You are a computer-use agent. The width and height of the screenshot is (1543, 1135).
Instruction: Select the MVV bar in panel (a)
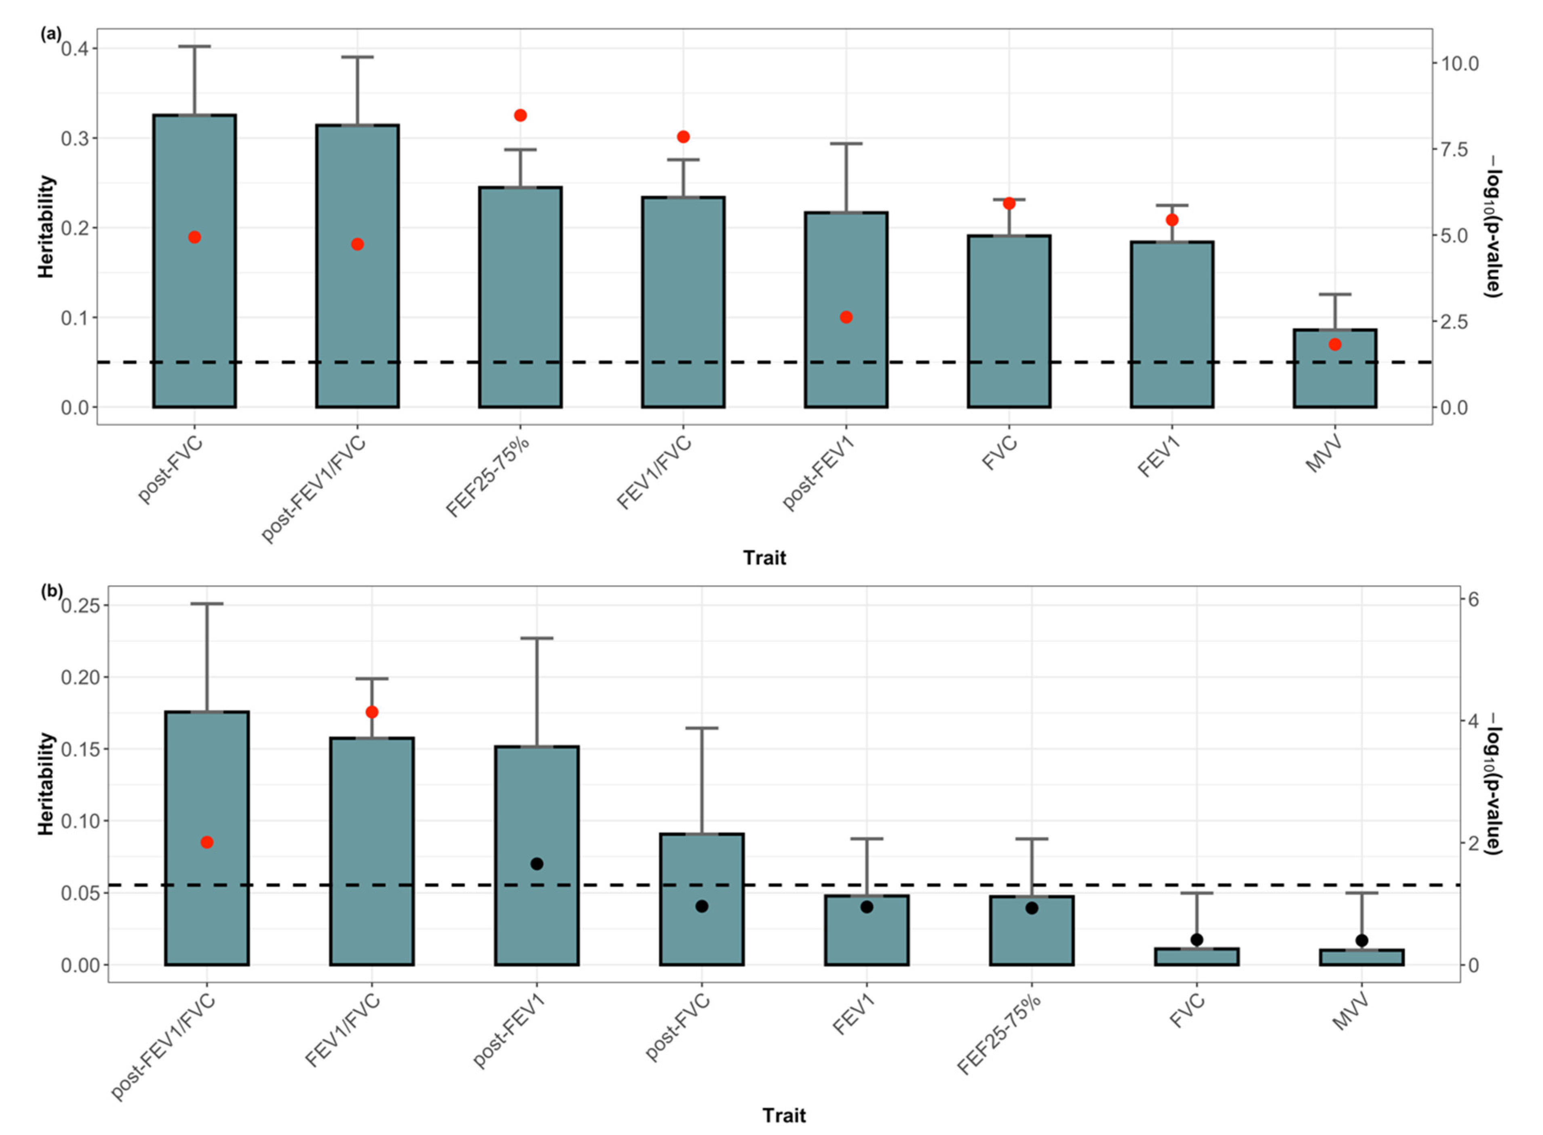coord(1334,371)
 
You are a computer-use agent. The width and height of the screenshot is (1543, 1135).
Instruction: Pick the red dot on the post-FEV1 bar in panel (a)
coord(846,318)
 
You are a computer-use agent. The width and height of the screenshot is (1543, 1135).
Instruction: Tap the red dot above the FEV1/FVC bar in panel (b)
coord(372,712)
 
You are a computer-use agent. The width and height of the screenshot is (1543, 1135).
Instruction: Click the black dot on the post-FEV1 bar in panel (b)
coord(537,864)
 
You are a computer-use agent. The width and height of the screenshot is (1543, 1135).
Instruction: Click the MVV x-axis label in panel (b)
coord(1350,1013)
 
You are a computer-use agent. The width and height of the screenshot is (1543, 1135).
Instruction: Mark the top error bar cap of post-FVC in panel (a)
coord(194,47)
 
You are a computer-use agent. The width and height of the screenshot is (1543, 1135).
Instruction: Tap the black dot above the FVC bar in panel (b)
coord(1197,939)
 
